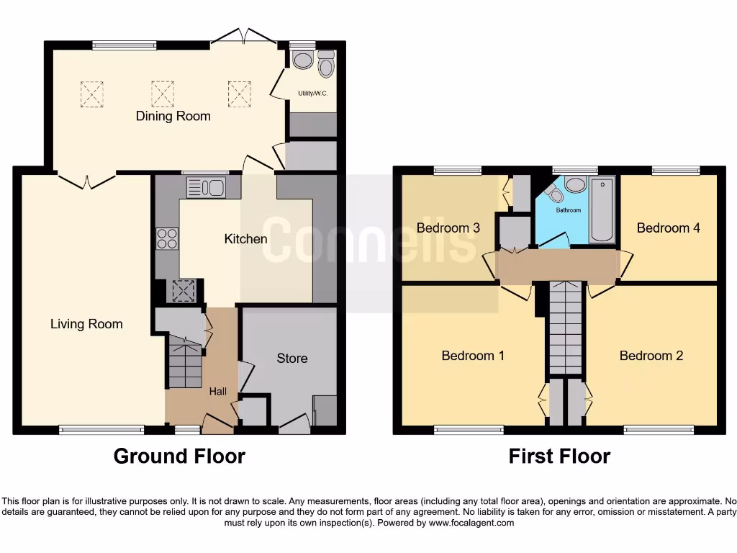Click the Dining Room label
click(173, 116)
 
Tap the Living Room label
click(86, 324)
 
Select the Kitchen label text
click(245, 238)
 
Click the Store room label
click(291, 358)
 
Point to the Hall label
click(218, 392)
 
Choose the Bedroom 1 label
click(468, 356)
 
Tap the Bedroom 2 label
click(651, 356)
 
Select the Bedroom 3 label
click(448, 228)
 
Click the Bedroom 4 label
click(668, 228)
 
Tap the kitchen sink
click(206, 188)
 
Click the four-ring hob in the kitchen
click(167, 238)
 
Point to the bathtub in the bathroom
click(602, 210)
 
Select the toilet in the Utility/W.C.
click(326, 66)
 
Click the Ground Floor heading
click(179, 457)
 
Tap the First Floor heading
click(559, 457)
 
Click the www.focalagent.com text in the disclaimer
click(471, 523)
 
